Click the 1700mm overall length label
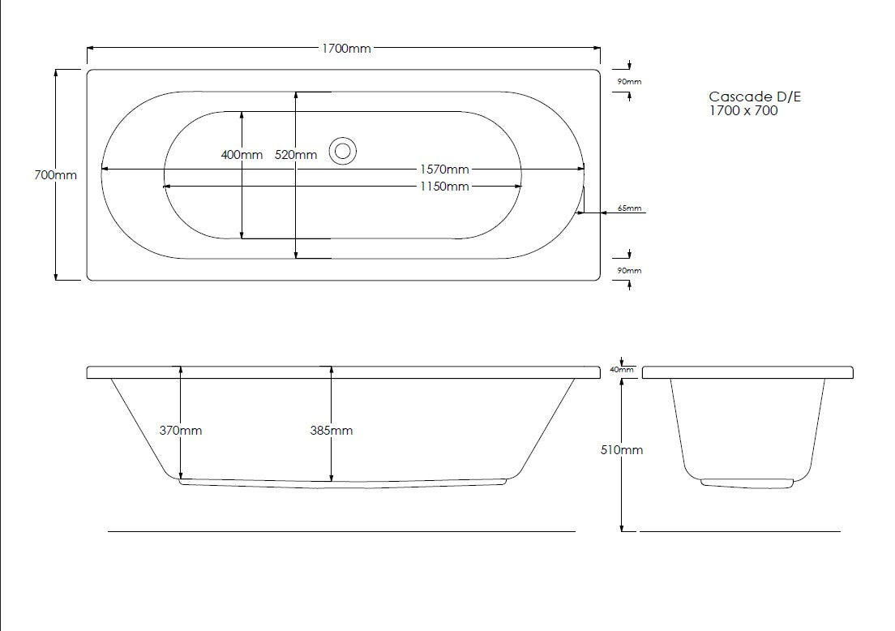[x=346, y=49]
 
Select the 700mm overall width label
[x=56, y=175]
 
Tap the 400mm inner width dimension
[x=242, y=155]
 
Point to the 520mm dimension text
[x=296, y=155]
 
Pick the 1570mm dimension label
[x=443, y=170]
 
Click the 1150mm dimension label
[x=443, y=187]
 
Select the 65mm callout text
[x=629, y=208]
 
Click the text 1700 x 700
[x=743, y=111]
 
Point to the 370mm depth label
[x=180, y=431]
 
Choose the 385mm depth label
[x=331, y=431]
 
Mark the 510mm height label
[x=621, y=450]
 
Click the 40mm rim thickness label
[x=621, y=370]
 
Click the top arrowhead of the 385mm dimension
[x=331, y=370]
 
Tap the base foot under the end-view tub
[x=746, y=484]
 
